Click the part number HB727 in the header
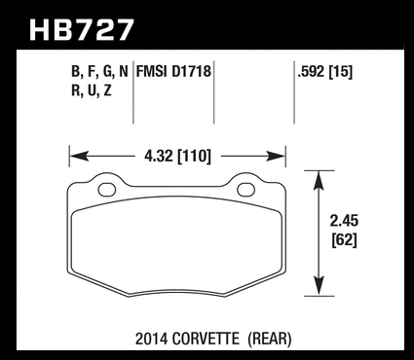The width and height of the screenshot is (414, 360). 81,30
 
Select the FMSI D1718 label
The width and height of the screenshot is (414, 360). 173,71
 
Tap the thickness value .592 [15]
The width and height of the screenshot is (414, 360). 324,72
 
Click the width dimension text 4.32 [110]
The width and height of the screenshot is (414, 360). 177,157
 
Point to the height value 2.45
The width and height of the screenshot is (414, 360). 344,222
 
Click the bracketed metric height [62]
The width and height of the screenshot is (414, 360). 344,240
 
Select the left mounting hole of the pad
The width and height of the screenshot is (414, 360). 107,190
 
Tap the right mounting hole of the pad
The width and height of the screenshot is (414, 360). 245,190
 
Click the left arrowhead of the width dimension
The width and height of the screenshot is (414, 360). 79,157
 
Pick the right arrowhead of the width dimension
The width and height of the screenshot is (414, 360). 276,157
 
